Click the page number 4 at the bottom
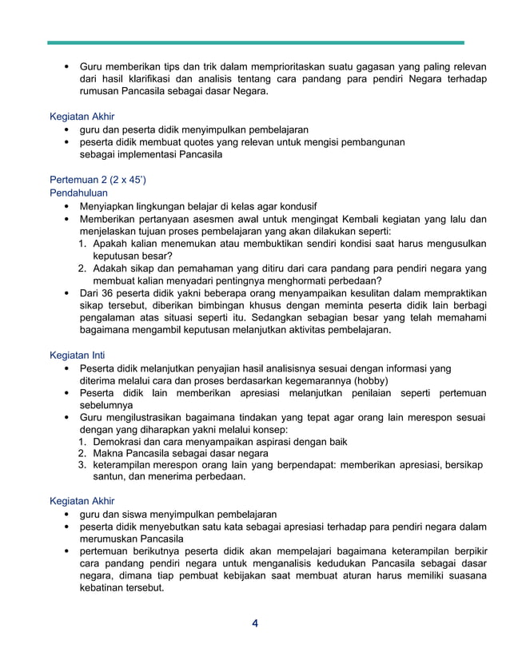[254, 623]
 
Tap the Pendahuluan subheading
[78, 193]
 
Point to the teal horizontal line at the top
[255, 42]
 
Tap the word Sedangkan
[304, 318]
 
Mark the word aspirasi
[277, 441]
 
